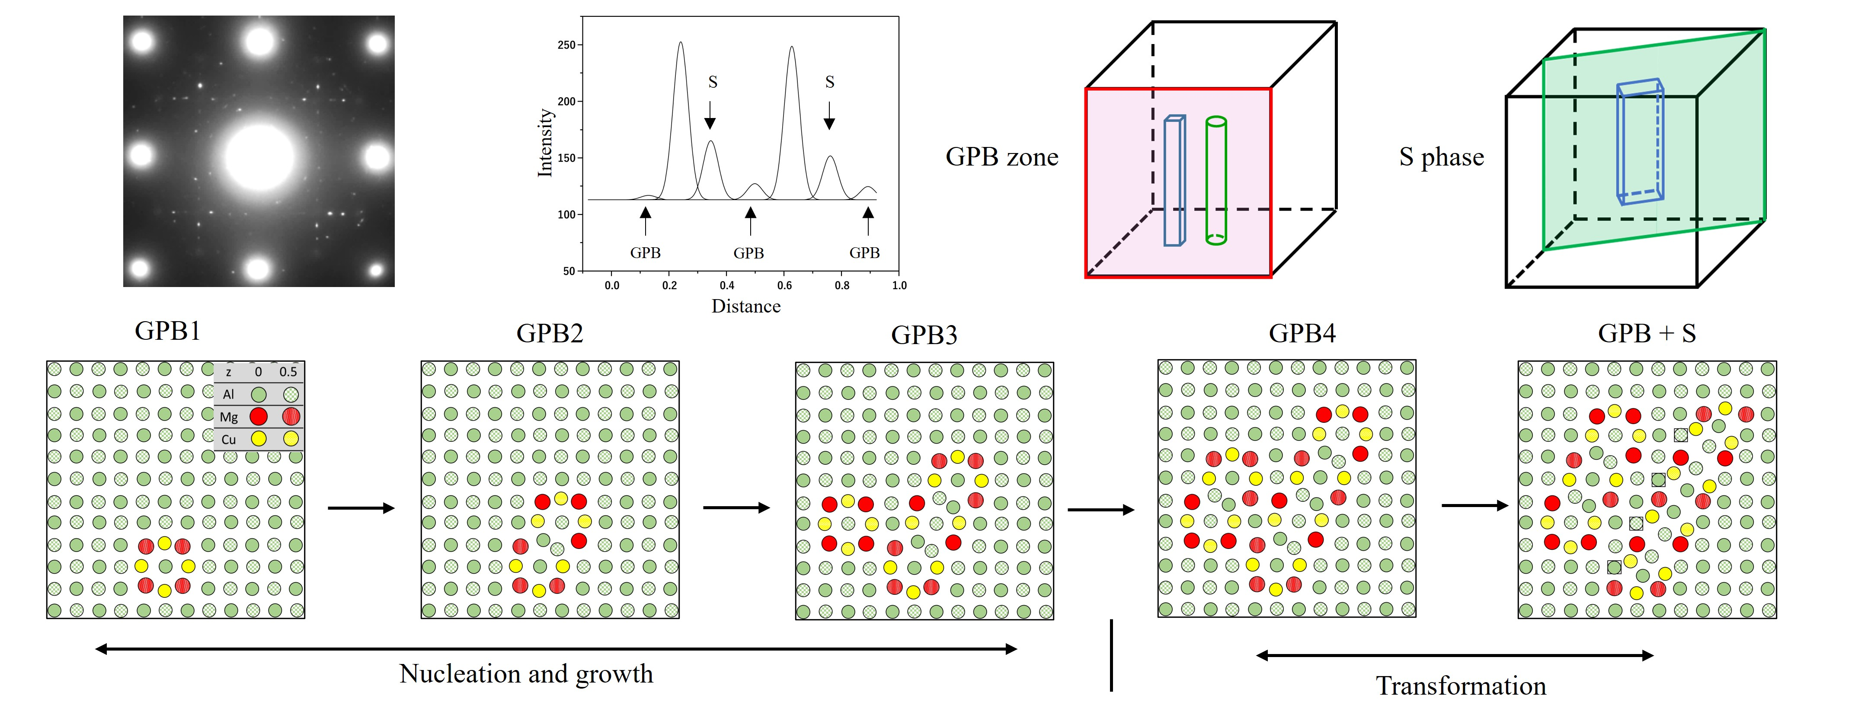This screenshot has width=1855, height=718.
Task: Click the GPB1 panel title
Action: pyautogui.click(x=167, y=331)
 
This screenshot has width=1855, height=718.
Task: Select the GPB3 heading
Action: pyautogui.click(x=924, y=335)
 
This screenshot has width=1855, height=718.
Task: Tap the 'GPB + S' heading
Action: pyautogui.click(x=1646, y=333)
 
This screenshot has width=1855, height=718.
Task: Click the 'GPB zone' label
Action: pyautogui.click(x=1002, y=157)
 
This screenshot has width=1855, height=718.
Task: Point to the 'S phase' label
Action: pyautogui.click(x=1441, y=157)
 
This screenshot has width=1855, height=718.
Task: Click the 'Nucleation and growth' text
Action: pyautogui.click(x=526, y=674)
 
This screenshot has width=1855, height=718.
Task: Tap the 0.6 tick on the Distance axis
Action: pyautogui.click(x=784, y=285)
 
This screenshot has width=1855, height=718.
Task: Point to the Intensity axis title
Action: pyautogui.click(x=545, y=143)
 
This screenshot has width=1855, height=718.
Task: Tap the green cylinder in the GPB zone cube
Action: pyautogui.click(x=1215, y=180)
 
